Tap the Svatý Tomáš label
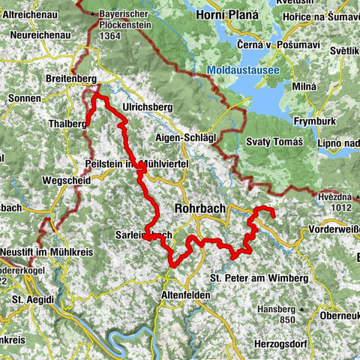click(274, 142)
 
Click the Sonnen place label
click(24, 98)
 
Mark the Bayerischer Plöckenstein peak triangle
click(94, 14)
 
